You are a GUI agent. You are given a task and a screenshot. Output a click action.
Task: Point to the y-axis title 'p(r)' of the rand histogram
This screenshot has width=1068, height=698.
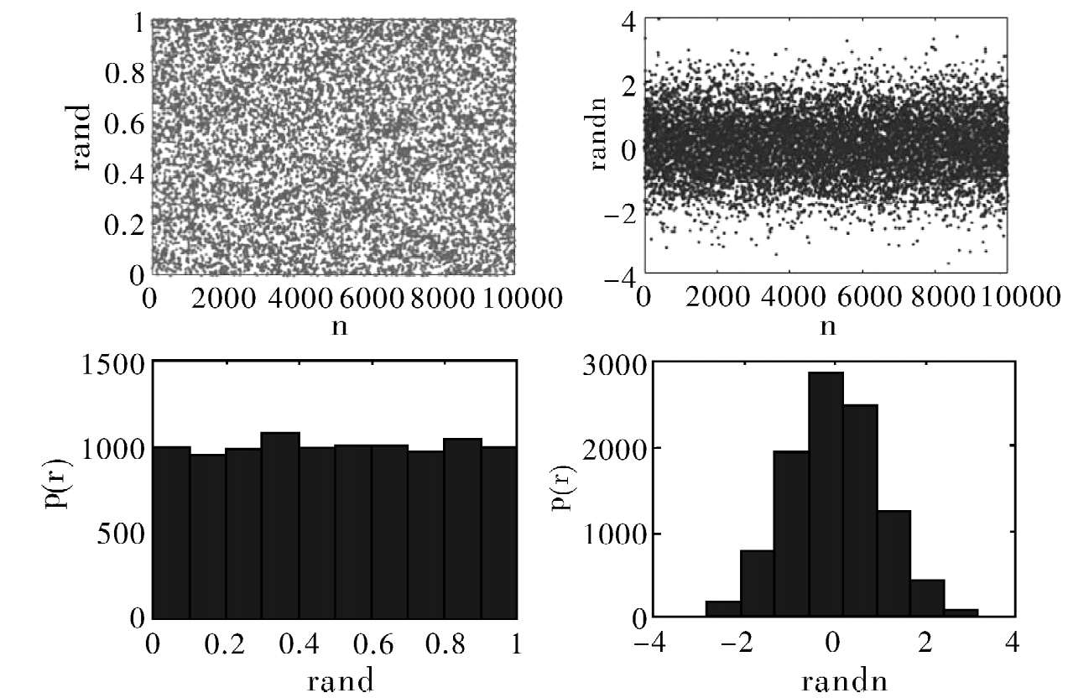81,491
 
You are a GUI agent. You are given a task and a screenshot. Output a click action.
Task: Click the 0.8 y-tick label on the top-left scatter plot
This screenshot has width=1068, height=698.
123,73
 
